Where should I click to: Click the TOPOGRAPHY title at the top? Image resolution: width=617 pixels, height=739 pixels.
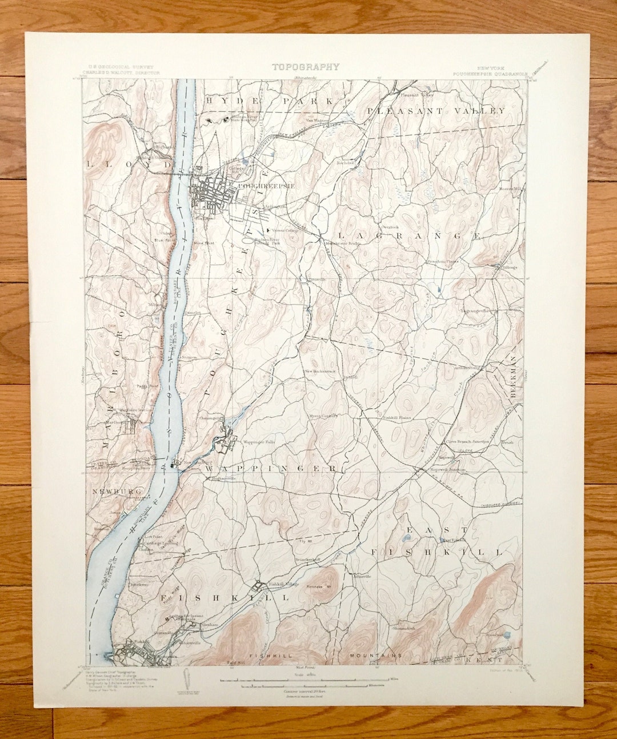click(305, 67)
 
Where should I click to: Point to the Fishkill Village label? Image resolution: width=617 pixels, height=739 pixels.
click(284, 584)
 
